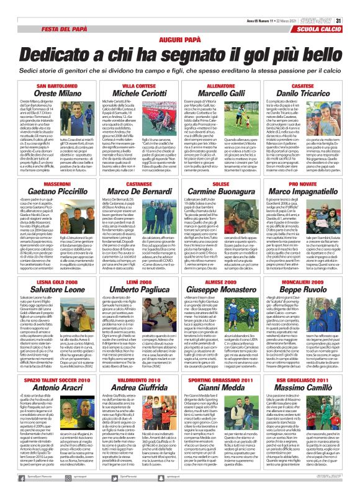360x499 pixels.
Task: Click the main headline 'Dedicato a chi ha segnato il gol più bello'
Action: [179, 45]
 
